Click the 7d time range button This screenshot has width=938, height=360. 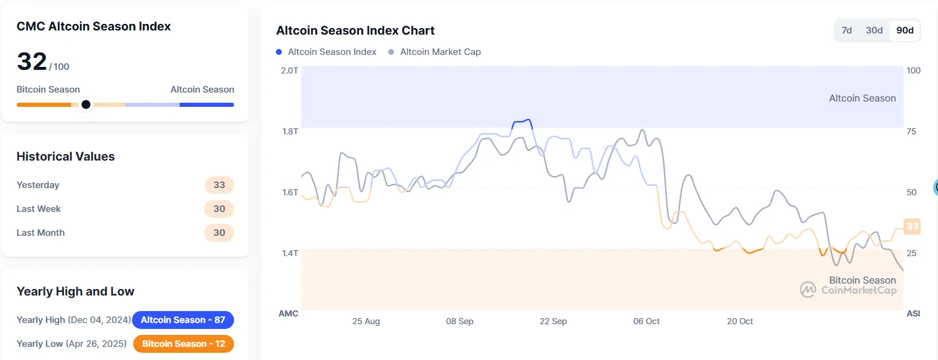tap(847, 30)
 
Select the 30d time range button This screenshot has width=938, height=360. tap(874, 30)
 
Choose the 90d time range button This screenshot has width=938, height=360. tap(905, 30)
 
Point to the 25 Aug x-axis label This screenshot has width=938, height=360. tap(366, 321)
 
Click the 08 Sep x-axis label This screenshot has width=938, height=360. tap(460, 321)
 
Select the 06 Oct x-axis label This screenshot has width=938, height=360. tap(647, 321)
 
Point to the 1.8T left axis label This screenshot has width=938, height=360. tap(290, 131)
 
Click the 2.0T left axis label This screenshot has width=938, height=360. tap(290, 70)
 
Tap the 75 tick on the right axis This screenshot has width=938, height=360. tap(911, 131)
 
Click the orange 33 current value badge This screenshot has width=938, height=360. tap(912, 226)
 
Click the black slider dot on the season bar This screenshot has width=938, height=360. tap(86, 104)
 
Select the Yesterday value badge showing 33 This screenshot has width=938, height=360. tap(219, 185)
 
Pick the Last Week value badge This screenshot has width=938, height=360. tap(219, 209)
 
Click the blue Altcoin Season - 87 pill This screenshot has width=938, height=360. tap(183, 320)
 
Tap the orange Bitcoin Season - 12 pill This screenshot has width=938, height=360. tap(183, 344)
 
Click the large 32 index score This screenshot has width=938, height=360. tap(32, 61)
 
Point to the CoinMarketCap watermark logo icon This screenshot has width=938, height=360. tap(808, 290)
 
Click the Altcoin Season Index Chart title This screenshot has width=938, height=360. tap(355, 30)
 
